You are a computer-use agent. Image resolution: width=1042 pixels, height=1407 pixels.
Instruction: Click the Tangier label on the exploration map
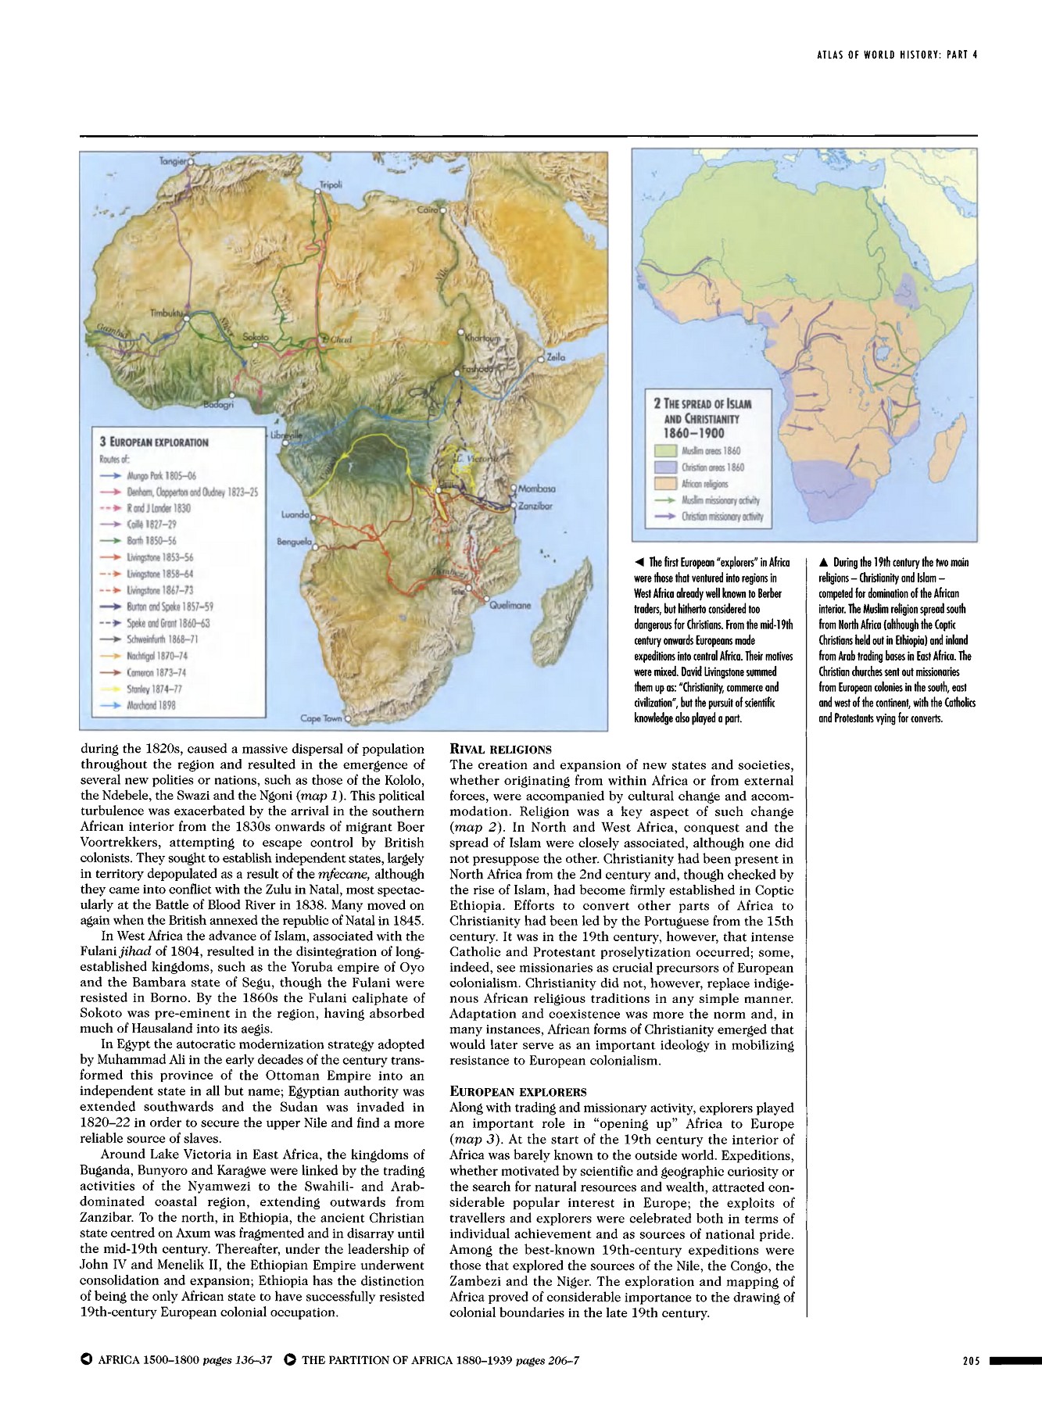[x=173, y=160]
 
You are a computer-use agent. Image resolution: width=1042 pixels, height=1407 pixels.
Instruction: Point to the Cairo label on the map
[x=427, y=210]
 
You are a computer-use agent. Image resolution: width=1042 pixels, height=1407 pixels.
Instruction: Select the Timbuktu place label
[x=166, y=313]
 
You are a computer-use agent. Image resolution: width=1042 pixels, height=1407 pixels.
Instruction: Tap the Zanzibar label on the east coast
[x=535, y=506]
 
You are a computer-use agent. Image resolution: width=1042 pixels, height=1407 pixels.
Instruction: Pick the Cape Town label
[x=321, y=718]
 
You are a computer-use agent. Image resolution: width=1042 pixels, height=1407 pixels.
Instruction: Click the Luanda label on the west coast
[x=295, y=515]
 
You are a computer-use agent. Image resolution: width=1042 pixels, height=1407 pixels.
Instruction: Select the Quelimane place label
[x=510, y=605]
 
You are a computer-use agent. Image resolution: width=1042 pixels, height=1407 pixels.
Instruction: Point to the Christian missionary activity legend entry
[x=722, y=517]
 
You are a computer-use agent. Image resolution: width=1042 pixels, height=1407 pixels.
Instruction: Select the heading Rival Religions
[x=500, y=749]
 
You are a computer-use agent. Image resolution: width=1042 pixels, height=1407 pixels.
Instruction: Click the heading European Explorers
[x=517, y=1091]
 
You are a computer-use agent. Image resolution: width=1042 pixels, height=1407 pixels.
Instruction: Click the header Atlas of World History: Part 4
[x=897, y=55]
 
